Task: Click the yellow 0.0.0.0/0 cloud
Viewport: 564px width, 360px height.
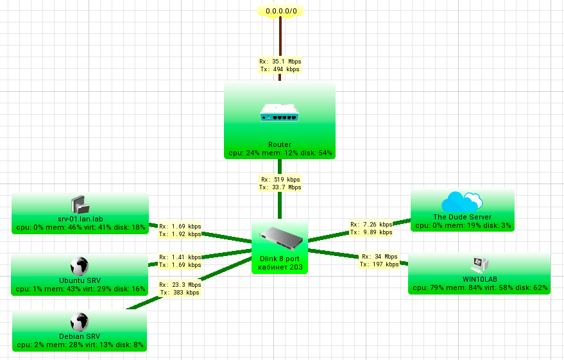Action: (x=280, y=11)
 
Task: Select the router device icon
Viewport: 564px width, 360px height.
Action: (x=280, y=115)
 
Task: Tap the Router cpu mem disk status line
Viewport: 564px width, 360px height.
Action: (x=280, y=153)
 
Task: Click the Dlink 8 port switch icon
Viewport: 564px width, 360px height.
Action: (x=280, y=239)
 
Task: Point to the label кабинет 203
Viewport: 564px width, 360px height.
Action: (x=280, y=266)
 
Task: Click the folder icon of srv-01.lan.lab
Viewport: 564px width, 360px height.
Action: (x=80, y=205)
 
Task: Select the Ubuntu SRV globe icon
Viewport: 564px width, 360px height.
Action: (x=80, y=266)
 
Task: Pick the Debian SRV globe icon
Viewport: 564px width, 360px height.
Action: (x=80, y=322)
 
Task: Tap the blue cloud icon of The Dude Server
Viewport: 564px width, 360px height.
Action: (x=462, y=201)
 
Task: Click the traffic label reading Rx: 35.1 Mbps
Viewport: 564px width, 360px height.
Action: (x=280, y=62)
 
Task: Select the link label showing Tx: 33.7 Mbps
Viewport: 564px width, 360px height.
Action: (x=280, y=187)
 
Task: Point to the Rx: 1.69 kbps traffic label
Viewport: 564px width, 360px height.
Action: (x=180, y=226)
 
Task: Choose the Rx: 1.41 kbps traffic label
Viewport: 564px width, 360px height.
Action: (x=180, y=256)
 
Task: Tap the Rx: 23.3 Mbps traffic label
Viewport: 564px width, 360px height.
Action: (x=180, y=284)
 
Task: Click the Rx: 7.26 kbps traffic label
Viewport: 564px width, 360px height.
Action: (x=371, y=225)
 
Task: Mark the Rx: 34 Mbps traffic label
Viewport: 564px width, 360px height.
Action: (x=379, y=256)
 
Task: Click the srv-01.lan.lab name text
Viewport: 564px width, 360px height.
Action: (x=80, y=218)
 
